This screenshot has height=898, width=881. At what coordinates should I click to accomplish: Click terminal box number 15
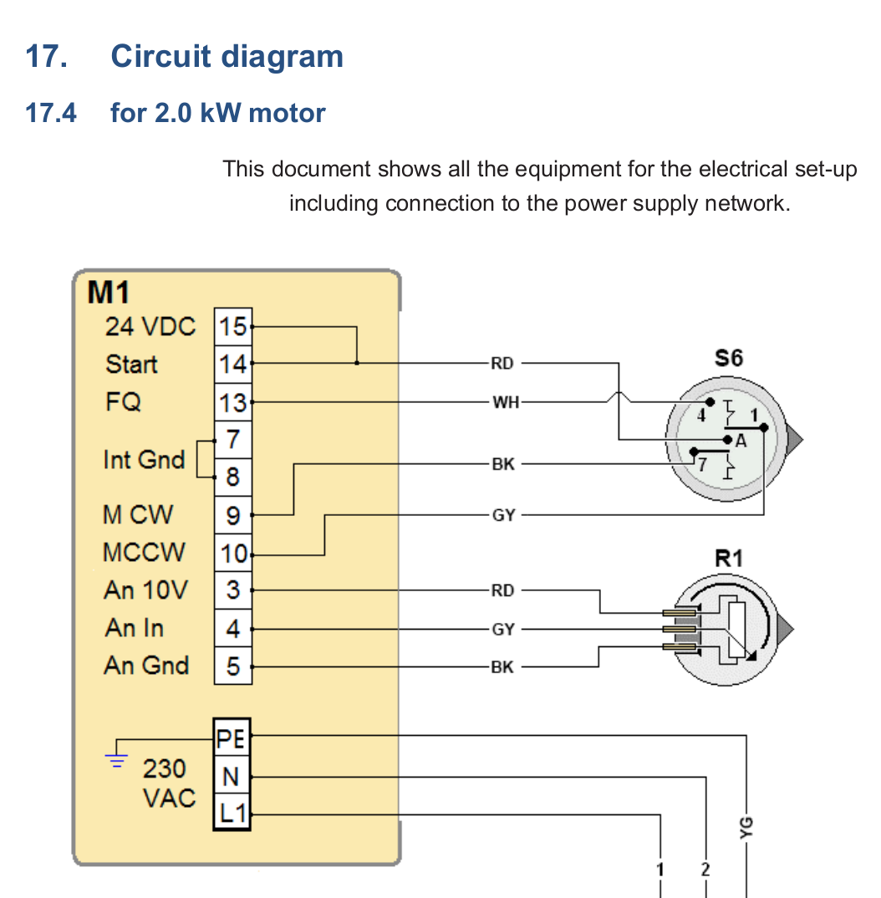(233, 326)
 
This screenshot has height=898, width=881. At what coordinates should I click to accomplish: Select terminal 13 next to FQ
(233, 403)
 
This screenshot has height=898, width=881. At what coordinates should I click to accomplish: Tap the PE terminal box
(232, 739)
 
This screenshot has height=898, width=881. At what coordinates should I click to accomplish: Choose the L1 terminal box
(232, 812)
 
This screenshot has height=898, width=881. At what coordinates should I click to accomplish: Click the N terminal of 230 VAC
(232, 776)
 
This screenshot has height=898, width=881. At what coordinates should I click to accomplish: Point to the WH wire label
(505, 402)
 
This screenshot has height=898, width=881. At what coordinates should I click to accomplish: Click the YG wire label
(746, 825)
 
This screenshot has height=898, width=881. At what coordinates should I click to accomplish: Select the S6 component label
(728, 358)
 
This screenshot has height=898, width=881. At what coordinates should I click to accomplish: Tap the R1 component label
(728, 558)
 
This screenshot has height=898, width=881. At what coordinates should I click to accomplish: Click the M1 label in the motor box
(109, 293)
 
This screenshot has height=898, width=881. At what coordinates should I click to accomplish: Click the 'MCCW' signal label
(145, 553)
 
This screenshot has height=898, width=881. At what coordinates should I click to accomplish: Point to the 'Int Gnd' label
(144, 459)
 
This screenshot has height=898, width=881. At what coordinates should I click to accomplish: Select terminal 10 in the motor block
(233, 554)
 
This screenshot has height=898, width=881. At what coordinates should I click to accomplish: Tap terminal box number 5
(233, 666)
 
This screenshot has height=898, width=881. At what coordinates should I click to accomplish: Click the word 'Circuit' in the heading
(160, 56)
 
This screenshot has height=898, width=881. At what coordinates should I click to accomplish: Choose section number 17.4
(51, 112)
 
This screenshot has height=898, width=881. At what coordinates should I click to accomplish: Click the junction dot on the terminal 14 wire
(357, 364)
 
